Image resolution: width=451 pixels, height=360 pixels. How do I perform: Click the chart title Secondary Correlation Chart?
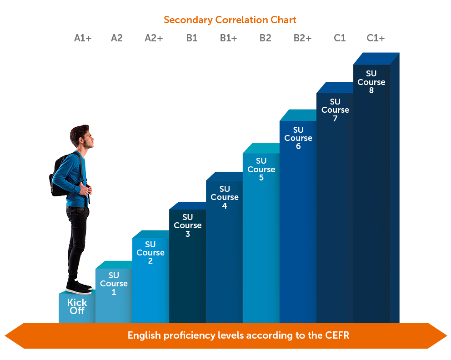click(x=230, y=20)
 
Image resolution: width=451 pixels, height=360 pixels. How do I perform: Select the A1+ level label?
click(x=83, y=38)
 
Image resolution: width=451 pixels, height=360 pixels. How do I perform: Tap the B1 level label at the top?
click(x=192, y=38)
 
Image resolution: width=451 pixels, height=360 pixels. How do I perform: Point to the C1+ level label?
click(x=376, y=38)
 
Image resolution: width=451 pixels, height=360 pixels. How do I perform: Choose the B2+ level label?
click(x=303, y=38)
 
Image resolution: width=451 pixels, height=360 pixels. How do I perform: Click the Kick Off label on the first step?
click(x=77, y=306)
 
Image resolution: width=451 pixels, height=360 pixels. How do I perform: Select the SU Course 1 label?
click(x=114, y=284)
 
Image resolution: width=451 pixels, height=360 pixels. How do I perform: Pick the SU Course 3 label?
click(x=187, y=225)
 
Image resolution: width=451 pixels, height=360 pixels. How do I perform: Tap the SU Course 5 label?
click(x=261, y=169)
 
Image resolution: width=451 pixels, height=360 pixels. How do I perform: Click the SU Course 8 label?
click(x=371, y=82)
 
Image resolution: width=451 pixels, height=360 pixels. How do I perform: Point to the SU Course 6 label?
click(x=298, y=138)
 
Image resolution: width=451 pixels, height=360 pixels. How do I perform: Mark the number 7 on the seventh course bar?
click(x=335, y=119)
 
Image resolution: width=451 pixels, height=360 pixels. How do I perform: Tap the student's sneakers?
click(x=79, y=287)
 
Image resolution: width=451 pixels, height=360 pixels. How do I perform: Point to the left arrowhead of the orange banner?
click(x=15, y=335)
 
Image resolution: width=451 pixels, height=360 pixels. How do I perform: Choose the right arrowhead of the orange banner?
click(x=437, y=335)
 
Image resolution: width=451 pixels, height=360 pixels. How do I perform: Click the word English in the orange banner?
click(x=144, y=335)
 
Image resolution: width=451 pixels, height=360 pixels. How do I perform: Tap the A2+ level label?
click(x=154, y=38)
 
